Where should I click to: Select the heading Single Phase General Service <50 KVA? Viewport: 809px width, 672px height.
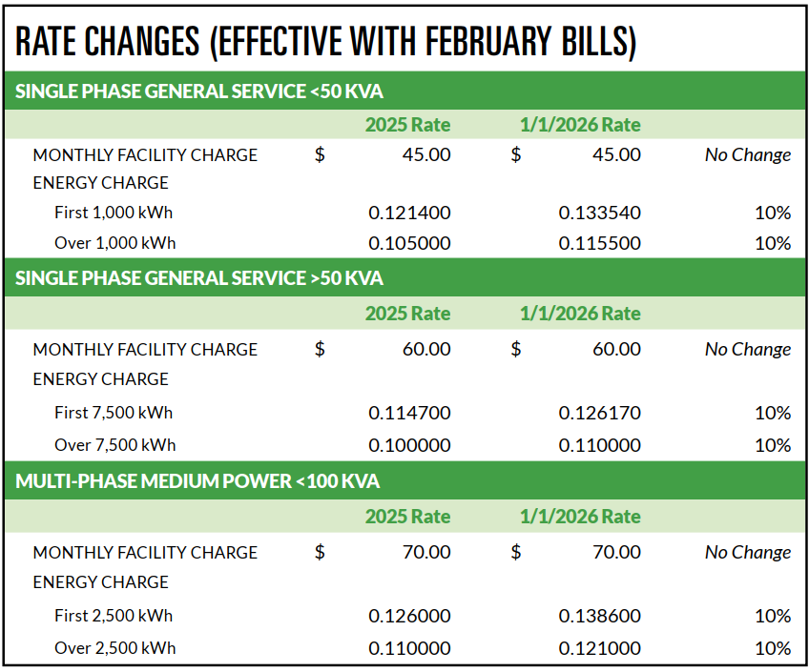[199, 92]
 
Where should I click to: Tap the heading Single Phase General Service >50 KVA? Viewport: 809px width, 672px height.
[199, 278]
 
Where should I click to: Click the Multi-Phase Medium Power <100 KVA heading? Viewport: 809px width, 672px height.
[197, 481]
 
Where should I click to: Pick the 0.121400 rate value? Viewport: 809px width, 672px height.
[409, 212]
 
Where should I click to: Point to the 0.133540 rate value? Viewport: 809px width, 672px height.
[599, 212]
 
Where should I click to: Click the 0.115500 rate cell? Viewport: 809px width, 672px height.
[599, 243]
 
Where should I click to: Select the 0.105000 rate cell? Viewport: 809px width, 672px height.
[409, 243]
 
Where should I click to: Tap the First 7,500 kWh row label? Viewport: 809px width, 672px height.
[114, 413]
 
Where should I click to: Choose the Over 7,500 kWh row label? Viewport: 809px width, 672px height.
[114, 445]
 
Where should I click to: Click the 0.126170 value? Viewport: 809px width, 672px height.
[599, 413]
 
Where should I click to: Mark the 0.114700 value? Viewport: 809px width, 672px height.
[409, 413]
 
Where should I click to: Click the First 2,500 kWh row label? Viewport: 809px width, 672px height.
[114, 616]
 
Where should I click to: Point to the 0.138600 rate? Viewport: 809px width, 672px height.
[599, 616]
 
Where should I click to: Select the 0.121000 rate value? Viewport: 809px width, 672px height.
[599, 648]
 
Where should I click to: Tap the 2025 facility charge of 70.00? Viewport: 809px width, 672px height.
[426, 552]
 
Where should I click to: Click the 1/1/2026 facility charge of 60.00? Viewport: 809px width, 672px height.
[616, 349]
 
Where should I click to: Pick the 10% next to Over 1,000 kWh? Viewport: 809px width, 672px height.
[773, 243]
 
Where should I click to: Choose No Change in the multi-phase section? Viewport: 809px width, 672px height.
[748, 552]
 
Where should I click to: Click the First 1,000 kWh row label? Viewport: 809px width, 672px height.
[114, 212]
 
